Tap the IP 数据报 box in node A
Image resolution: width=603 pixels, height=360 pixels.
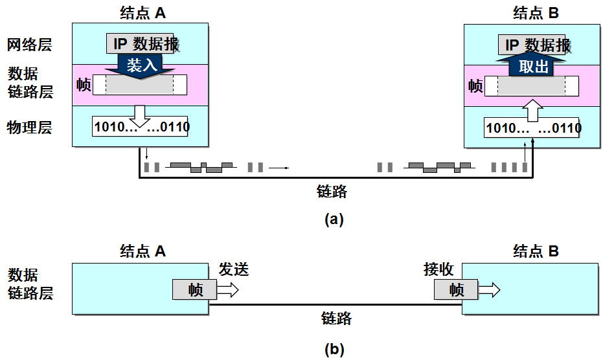coord(141,44)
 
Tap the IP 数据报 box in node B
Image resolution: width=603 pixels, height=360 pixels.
coord(535,45)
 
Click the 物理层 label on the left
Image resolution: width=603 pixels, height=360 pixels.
coord(29,127)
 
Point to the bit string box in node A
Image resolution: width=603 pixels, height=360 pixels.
coord(142,126)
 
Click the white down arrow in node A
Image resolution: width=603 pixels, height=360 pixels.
coord(139,115)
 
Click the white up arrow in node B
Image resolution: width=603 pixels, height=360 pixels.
coord(532,111)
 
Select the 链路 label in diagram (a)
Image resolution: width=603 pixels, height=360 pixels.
coord(332,191)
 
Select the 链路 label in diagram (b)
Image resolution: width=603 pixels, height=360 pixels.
coord(336,318)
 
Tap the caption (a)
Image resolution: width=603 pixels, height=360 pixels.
coord(334,219)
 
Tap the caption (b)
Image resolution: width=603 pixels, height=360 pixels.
coord(334,350)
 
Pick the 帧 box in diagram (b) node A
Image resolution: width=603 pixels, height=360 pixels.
coord(194,289)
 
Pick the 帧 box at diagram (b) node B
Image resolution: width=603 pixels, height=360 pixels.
coord(457,289)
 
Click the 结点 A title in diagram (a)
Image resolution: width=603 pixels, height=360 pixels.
coord(142,12)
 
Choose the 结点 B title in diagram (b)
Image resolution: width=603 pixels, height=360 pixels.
coord(535,251)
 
